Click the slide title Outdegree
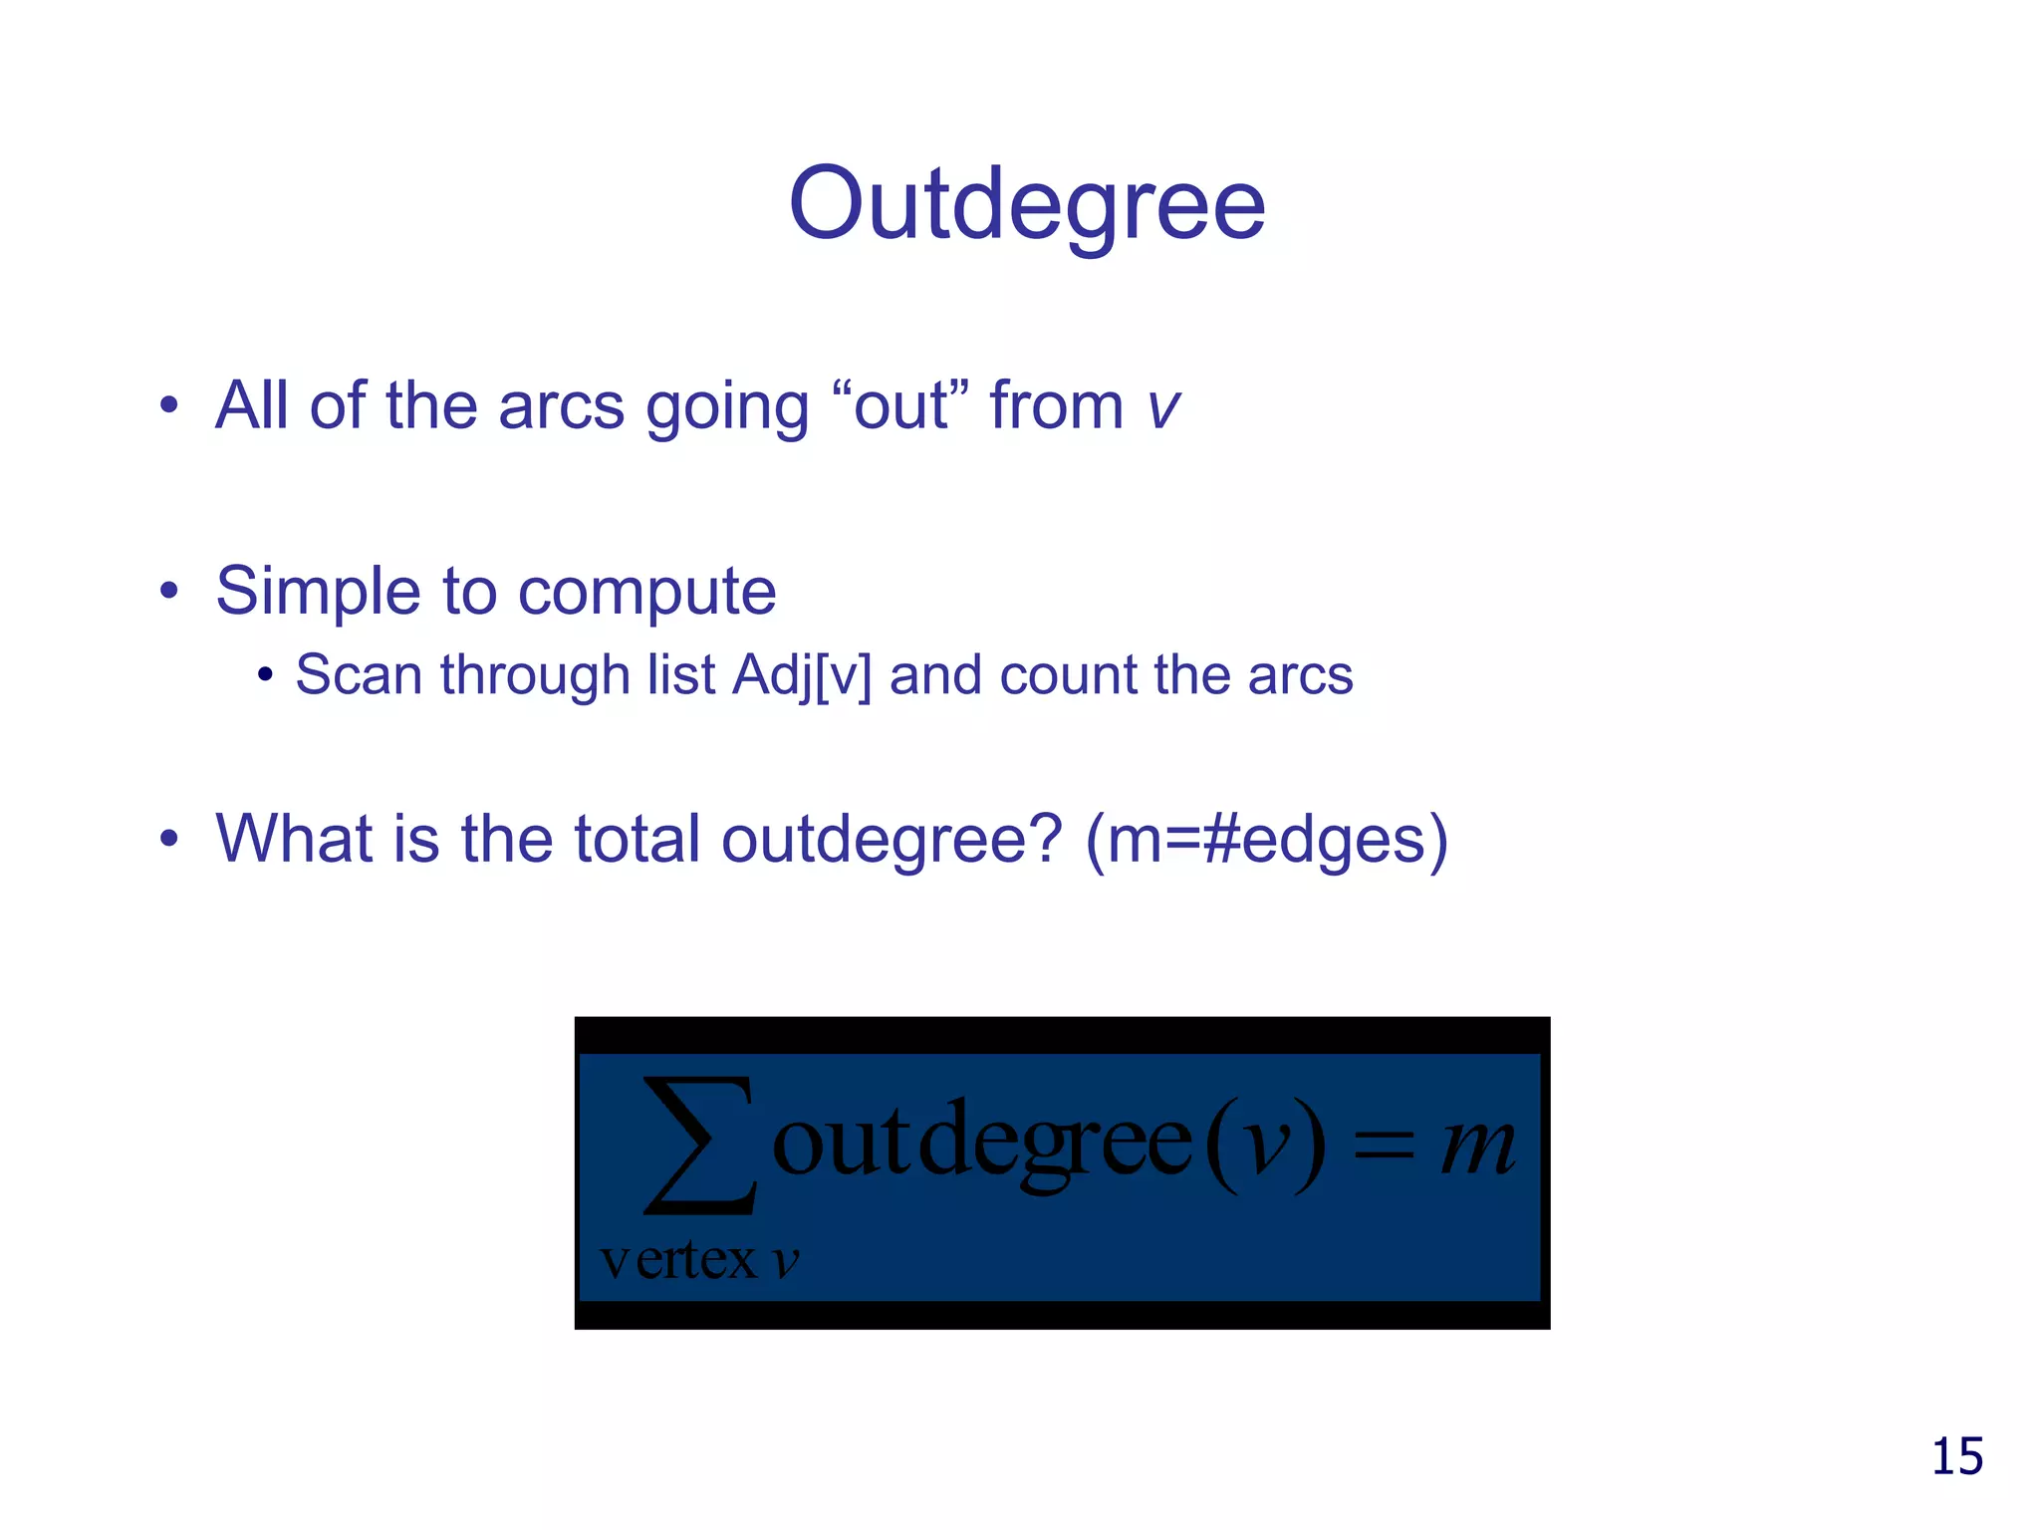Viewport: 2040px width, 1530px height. coord(1026,204)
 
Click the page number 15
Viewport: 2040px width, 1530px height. coord(1956,1456)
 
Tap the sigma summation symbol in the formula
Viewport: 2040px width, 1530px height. coord(699,1146)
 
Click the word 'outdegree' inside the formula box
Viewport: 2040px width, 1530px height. coord(981,1144)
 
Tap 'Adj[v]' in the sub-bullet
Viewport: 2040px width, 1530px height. coord(802,676)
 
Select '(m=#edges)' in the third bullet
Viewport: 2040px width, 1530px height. coord(1266,839)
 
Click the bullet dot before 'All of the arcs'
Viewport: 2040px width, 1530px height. coord(169,406)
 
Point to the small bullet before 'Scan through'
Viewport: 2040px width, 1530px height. coord(264,676)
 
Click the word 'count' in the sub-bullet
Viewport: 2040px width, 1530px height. coord(1067,676)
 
